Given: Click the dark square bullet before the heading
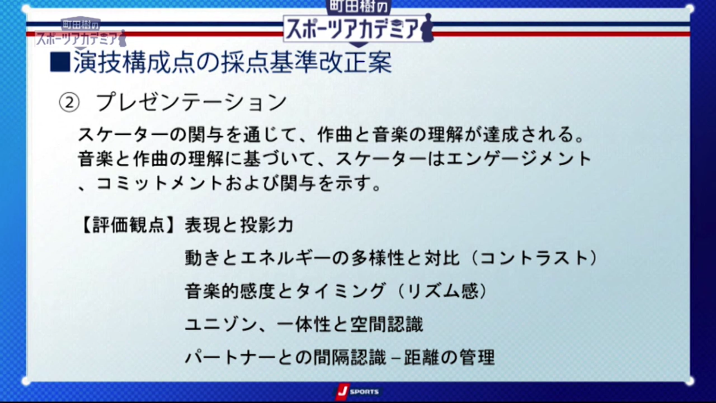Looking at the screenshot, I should click(60, 62).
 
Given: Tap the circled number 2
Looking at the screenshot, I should click(69, 103).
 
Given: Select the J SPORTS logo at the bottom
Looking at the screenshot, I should click(357, 391).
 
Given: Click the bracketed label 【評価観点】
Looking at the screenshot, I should click(128, 225).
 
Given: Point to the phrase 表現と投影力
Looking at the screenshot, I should click(239, 225).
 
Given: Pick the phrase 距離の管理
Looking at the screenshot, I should click(449, 357).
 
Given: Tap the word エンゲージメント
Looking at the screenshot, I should click(519, 159).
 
